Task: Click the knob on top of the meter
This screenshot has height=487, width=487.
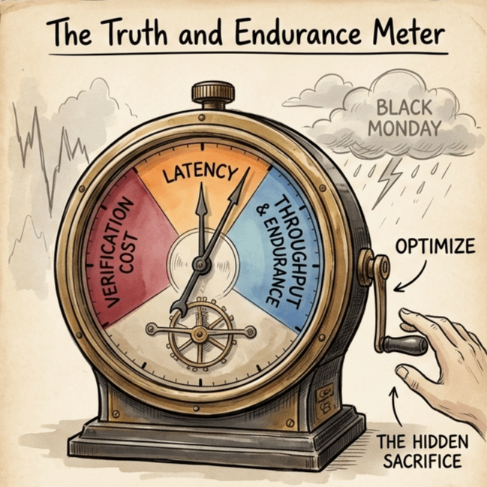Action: point(212,93)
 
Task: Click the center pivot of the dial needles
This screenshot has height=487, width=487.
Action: point(200,264)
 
